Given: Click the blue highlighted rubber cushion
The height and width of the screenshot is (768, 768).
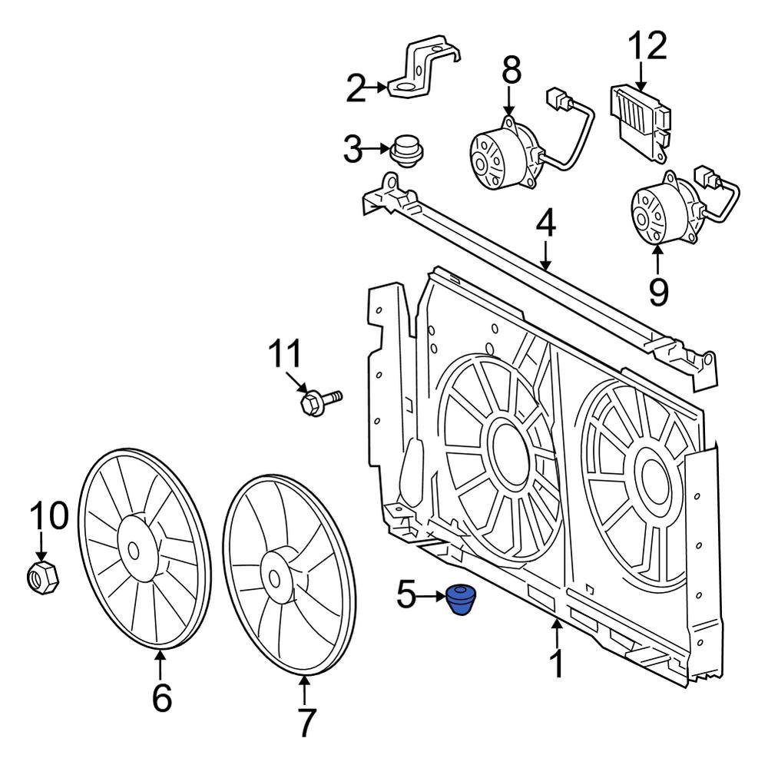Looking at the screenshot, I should pyautogui.click(x=462, y=598).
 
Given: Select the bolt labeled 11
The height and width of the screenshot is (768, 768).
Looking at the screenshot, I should pyautogui.click(x=319, y=400).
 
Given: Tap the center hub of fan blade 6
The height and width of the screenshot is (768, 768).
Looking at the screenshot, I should pyautogui.click(x=134, y=550).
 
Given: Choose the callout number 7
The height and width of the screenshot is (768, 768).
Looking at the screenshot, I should pyautogui.click(x=306, y=722).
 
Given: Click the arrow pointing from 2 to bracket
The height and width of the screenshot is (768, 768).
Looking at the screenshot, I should pyautogui.click(x=379, y=89).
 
